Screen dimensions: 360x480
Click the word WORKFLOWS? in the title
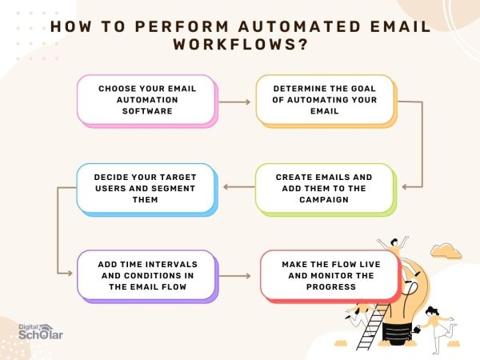pos(239,44)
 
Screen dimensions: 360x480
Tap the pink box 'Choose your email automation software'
pos(146,100)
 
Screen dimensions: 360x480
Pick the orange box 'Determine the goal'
pos(326,100)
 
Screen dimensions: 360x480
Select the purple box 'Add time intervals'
pos(146,274)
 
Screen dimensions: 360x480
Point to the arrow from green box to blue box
pos(237,187)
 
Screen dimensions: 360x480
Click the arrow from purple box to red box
pos(238,275)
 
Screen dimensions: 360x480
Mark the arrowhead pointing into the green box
pos(405,186)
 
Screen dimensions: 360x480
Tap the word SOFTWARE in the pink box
pos(146,113)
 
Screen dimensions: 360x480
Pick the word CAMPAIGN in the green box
pos(324,199)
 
